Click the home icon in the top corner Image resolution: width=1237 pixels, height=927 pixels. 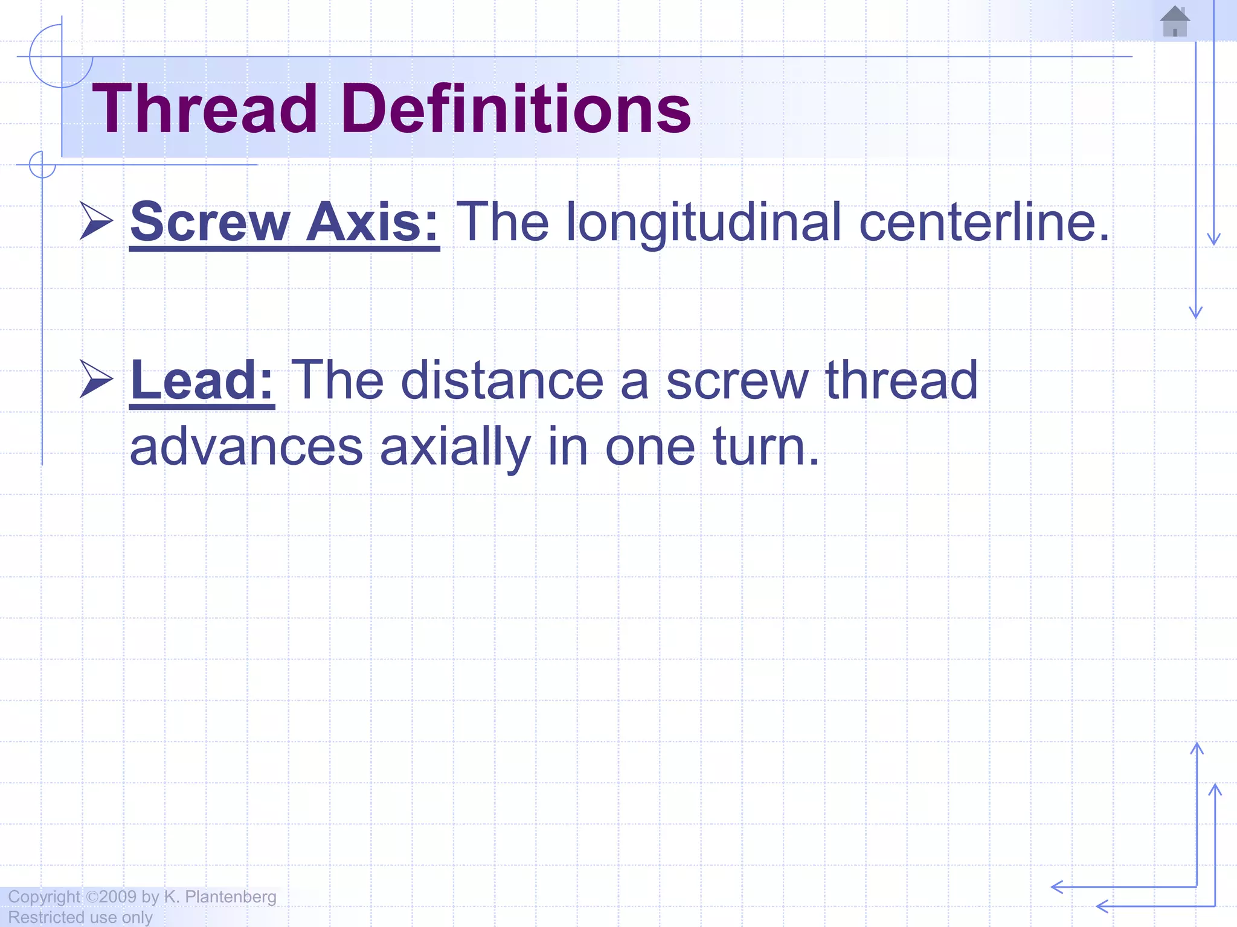pyautogui.click(x=1175, y=22)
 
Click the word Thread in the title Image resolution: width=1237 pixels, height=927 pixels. pyautogui.click(x=205, y=109)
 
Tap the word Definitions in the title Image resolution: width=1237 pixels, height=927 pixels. pyautogui.click(x=516, y=109)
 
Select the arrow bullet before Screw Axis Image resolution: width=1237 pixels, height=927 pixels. pyautogui.click(x=96, y=221)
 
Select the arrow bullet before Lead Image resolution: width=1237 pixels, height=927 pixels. pyautogui.click(x=96, y=379)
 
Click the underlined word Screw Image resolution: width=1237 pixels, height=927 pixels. pyautogui.click(x=210, y=222)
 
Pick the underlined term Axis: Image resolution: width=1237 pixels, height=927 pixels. pyautogui.click(x=372, y=222)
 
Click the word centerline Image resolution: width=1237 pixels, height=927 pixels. pyautogui.click(x=984, y=222)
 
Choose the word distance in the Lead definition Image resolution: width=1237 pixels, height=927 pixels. pyautogui.click(x=502, y=380)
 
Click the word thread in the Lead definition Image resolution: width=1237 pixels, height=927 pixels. pyautogui.click(x=901, y=380)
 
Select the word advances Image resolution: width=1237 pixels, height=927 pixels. pyautogui.click(x=246, y=447)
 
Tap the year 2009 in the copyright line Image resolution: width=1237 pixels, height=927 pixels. pyautogui.click(x=118, y=897)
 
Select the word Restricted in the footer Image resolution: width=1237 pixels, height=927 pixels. pyautogui.click(x=46, y=917)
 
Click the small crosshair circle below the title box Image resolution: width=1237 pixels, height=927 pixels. pyautogui.click(x=42, y=165)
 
